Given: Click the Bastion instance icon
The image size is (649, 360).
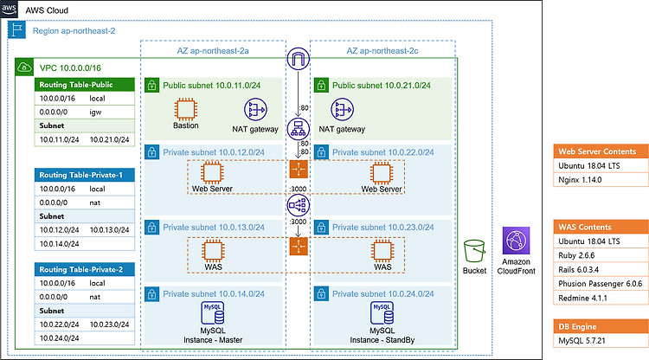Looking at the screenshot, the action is point(185,109).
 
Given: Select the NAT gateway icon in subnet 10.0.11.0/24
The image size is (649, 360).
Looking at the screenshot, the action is point(255,110).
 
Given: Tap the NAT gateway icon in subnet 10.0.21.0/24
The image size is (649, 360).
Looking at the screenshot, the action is point(343,110).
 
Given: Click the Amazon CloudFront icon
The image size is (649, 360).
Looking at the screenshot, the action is point(516,241).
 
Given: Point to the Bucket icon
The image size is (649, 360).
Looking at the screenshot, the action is point(474,251).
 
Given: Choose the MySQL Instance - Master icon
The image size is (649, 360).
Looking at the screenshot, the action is point(213,312).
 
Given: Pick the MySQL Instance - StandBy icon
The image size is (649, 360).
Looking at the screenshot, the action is point(382,312).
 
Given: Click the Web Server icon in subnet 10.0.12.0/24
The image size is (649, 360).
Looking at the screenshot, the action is point(212,172).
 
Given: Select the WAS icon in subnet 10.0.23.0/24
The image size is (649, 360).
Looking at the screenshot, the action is point(382,250).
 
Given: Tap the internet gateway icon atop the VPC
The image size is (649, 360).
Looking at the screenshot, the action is point(298,59).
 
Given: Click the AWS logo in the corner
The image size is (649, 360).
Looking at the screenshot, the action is point(9,9).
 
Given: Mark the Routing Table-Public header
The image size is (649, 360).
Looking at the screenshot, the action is point(85,85).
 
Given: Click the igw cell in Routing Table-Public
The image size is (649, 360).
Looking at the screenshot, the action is point(95,112).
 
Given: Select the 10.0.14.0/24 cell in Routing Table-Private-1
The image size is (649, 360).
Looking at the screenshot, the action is point(59,244).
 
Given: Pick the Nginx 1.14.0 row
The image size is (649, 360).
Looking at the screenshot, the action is point(601,180).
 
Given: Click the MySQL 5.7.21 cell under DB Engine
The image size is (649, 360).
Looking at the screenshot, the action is point(601,341).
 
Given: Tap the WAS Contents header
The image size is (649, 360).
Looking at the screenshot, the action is point(601,227).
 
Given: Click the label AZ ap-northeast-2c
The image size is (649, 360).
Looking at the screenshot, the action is point(382,51).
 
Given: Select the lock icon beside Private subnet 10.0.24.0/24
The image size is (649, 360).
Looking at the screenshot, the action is point(321,294).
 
